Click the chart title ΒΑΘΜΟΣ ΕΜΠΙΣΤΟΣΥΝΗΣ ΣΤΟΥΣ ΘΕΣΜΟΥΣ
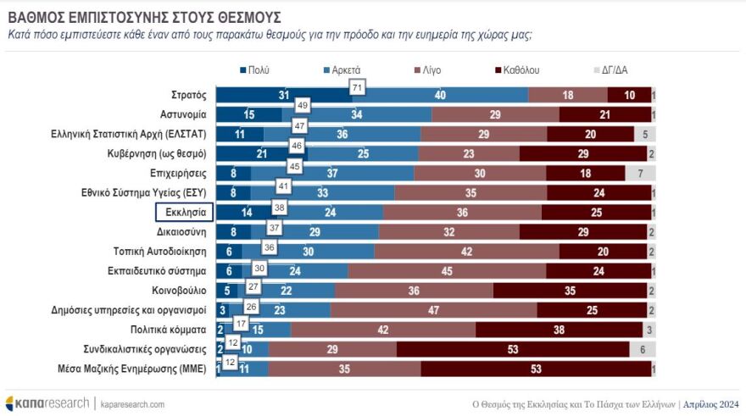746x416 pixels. click(x=144, y=17)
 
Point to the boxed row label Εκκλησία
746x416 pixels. click(x=181, y=213)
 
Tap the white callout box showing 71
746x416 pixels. click(x=357, y=87)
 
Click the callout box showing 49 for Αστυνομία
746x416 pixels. click(x=302, y=106)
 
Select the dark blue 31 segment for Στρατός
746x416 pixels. click(x=283, y=95)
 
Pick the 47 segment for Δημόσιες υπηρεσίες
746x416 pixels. click(x=433, y=310)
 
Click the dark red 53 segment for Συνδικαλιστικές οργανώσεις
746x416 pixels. click(x=513, y=349)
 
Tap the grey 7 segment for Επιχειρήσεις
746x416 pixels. click(x=641, y=173)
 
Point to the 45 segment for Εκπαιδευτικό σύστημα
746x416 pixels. click(x=447, y=271)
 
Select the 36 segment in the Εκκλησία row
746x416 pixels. click(x=462, y=213)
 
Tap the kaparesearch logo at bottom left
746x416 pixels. click(x=47, y=402)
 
